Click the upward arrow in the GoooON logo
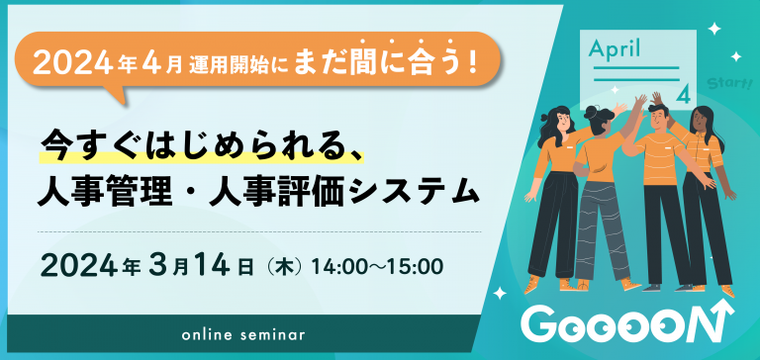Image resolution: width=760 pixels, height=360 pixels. pyautogui.click(x=728, y=322)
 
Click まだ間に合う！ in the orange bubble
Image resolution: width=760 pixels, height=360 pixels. pyautogui.click(x=386, y=62)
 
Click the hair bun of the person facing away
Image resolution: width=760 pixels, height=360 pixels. pyautogui.click(x=591, y=117)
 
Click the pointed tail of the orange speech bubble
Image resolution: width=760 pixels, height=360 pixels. pyautogui.click(x=122, y=97)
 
